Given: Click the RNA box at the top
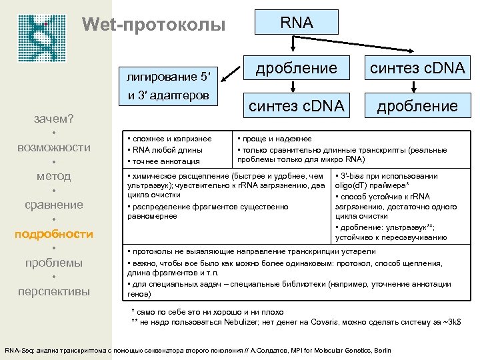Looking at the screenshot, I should [x=296, y=23].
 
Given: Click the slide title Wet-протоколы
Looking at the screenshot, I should [x=153, y=26].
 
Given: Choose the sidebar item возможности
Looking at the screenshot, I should [x=54, y=147].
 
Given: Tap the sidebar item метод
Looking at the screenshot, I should [x=54, y=176].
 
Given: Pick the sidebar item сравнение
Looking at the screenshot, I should [x=54, y=205].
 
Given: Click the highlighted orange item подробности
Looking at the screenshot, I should [x=54, y=234].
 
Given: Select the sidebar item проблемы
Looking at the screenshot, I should [x=54, y=263].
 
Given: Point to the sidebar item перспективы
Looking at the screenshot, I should [x=54, y=291].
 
